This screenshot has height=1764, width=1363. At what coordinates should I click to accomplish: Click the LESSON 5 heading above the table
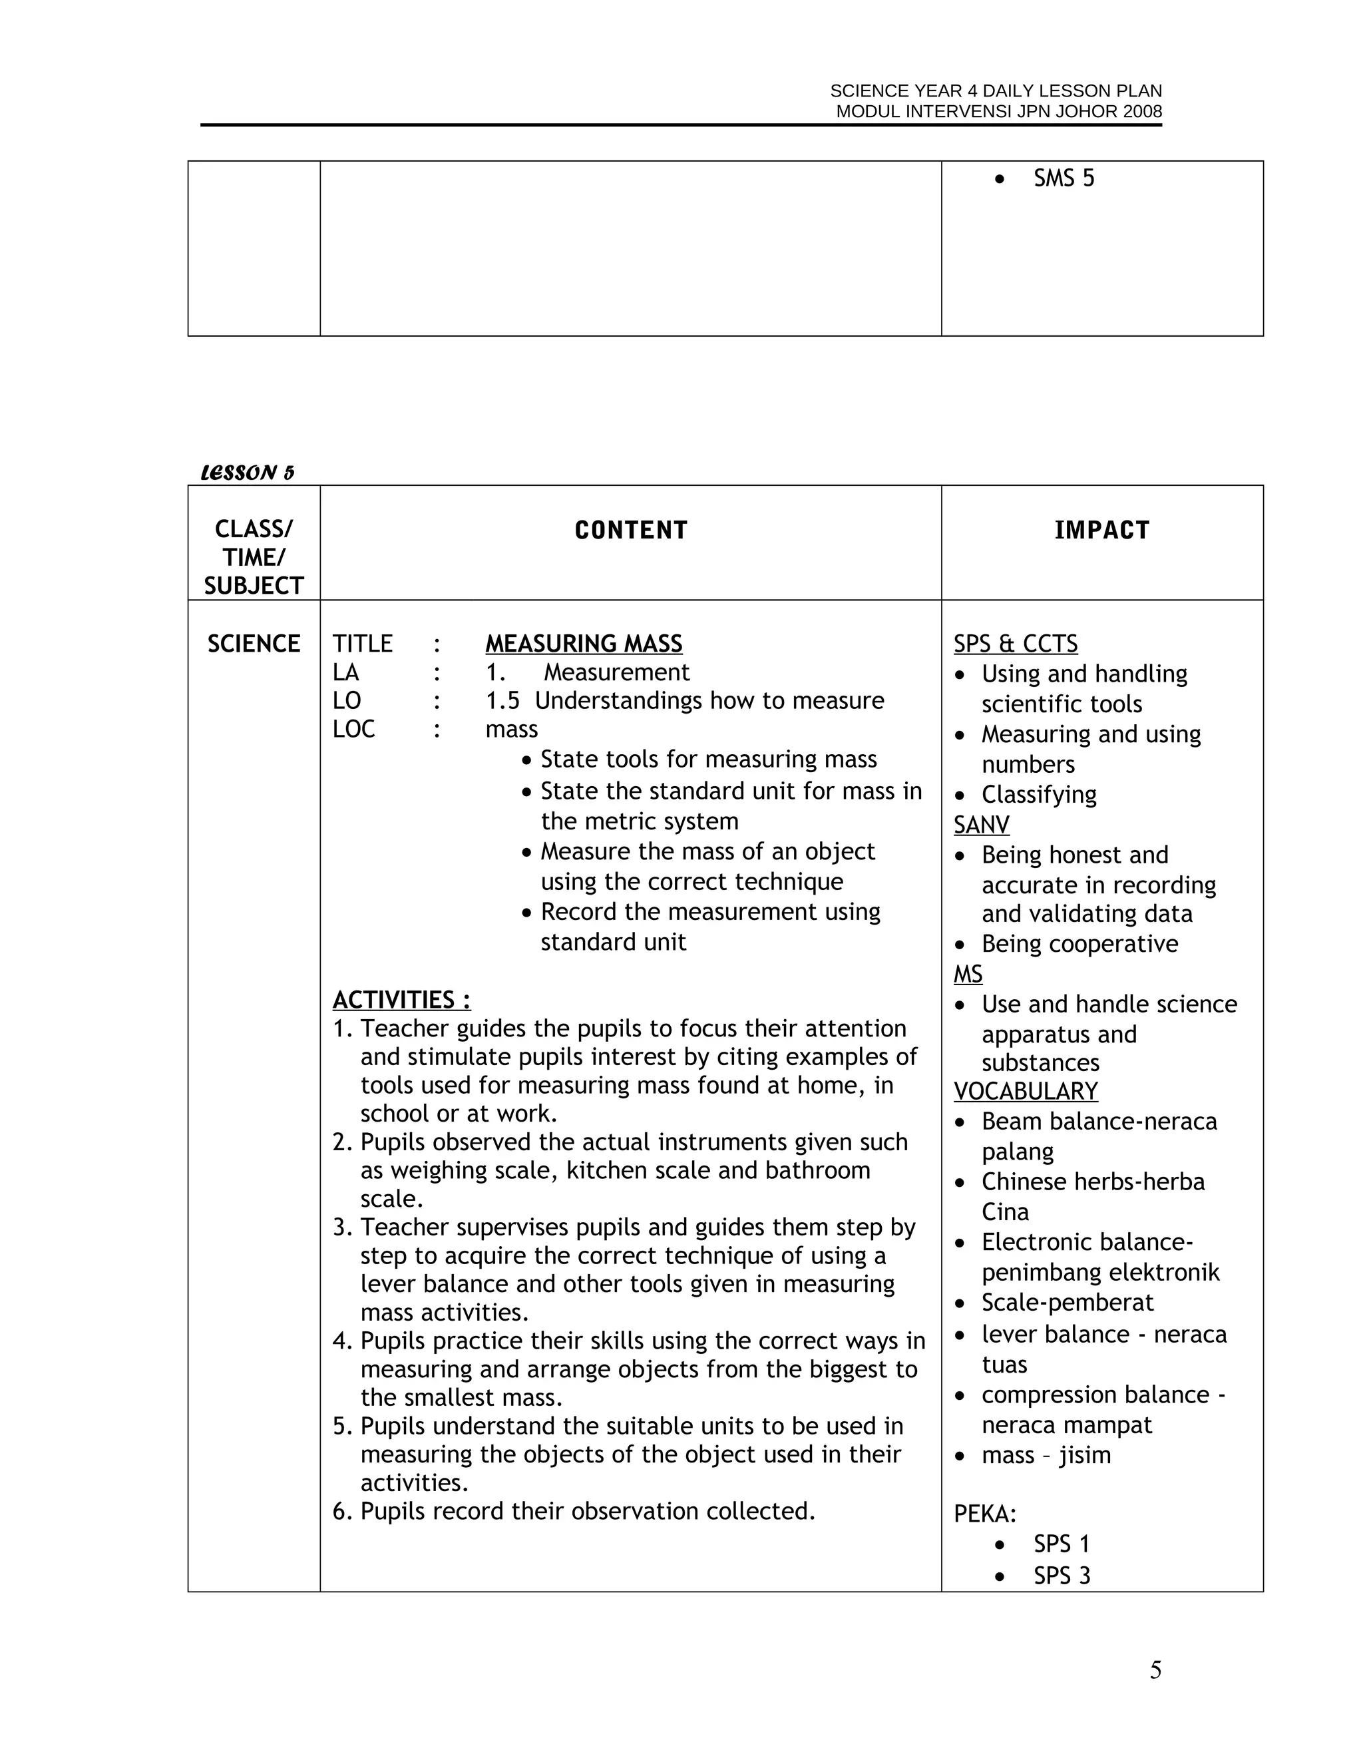[247, 473]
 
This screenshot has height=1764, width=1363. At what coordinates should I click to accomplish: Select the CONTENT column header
[631, 531]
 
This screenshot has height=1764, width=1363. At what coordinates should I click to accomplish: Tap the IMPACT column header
[1101, 531]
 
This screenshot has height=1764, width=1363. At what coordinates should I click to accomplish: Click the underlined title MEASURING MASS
[583, 644]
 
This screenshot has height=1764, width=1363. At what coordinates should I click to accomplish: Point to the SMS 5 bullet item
[1063, 178]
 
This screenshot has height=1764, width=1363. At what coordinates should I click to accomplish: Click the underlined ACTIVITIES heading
[401, 1000]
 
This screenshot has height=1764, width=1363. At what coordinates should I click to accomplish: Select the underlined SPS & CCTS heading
[1015, 644]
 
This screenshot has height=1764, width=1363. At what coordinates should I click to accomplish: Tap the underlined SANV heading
[981, 825]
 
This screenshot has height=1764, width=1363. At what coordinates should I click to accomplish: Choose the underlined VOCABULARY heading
[1026, 1091]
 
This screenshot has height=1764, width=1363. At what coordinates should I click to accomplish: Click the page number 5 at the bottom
[1155, 1670]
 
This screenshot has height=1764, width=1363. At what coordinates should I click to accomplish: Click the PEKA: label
[984, 1514]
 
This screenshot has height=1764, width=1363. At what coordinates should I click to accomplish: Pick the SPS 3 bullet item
[1061, 1576]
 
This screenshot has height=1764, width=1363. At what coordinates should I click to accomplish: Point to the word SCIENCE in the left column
[254, 644]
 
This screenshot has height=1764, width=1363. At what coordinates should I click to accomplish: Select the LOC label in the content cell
[353, 730]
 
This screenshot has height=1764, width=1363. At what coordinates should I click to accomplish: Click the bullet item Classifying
[1038, 795]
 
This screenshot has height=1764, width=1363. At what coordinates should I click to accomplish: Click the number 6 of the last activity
[340, 1511]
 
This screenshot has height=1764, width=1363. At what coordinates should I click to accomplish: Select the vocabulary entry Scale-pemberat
[1067, 1303]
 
